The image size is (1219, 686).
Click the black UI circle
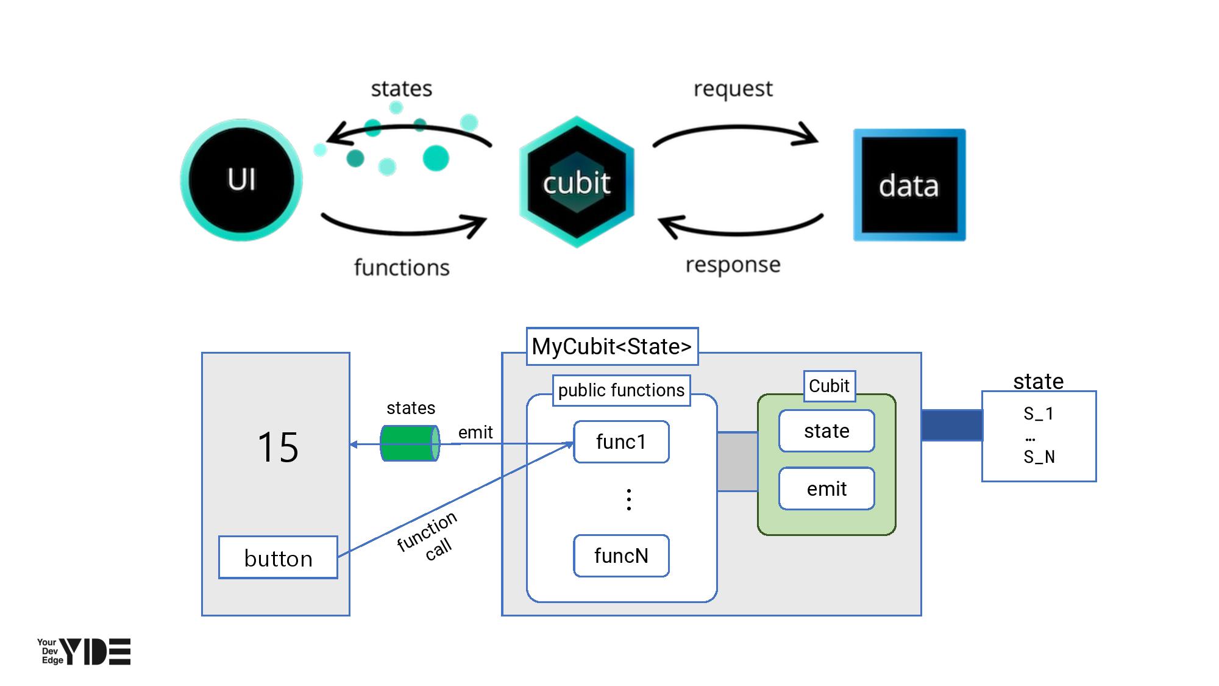tap(242, 180)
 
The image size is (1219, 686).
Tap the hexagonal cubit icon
tap(577, 182)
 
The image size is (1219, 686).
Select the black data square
tap(909, 185)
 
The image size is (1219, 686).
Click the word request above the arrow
tap(733, 89)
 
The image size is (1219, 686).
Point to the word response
tap(733, 265)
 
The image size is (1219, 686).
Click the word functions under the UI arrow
tap(402, 268)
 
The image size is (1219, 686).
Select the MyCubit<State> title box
tap(612, 346)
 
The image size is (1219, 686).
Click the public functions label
tap(621, 390)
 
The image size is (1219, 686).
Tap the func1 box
tap(621, 441)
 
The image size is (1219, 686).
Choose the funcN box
tap(621, 556)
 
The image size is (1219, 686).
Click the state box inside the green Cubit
tap(826, 431)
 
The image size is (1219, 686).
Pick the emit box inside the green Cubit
tap(826, 488)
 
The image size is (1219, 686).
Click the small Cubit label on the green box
tap(829, 386)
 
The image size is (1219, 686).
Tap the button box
tap(278, 558)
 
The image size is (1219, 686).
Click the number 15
tap(278, 447)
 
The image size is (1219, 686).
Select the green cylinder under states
tap(410, 443)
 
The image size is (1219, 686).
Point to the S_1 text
tap(1039, 414)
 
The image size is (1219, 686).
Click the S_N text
tap(1039, 457)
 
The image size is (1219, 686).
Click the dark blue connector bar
tap(951, 425)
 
